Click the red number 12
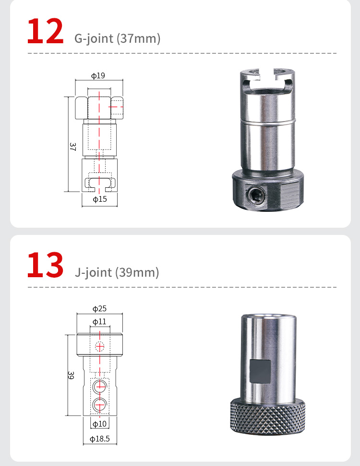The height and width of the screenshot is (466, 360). coord(46,31)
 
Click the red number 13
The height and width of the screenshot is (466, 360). coord(46,265)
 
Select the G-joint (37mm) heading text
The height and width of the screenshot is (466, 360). coord(117,38)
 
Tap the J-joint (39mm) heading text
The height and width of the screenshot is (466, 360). coord(117,272)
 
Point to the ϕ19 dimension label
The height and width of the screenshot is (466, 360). coord(98,75)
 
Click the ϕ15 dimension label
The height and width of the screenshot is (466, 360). coord(100,199)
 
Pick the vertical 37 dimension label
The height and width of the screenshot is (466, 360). coord(72,147)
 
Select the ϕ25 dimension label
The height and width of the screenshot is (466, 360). coord(99,308)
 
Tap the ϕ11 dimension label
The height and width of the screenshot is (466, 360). coord(99,321)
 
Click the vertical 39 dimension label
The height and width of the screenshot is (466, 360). coord(71,375)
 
